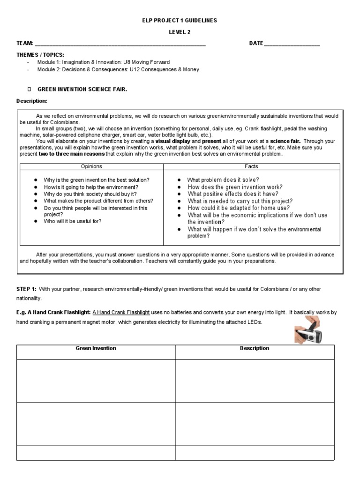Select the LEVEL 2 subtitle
tap(180, 32)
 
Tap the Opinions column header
tap(91, 166)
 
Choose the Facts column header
tap(251, 166)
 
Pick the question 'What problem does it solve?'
tap(223, 180)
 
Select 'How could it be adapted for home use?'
tap(239, 208)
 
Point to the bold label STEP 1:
tap(27, 289)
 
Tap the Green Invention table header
tap(96, 349)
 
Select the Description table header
tap(255, 349)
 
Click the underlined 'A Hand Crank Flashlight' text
tap(121, 312)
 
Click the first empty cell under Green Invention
tap(96, 381)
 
